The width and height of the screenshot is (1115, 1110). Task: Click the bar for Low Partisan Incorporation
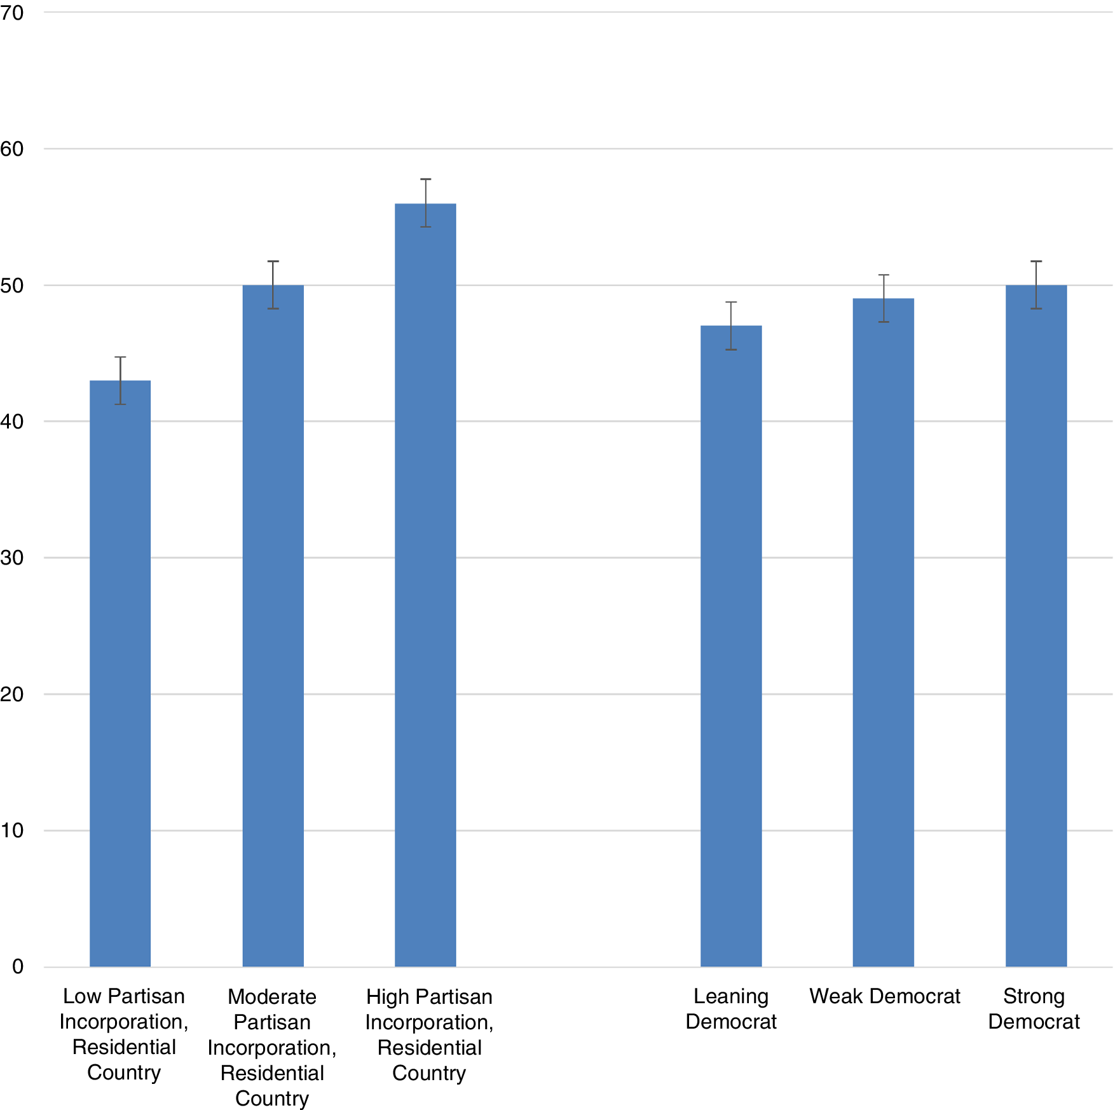point(120,674)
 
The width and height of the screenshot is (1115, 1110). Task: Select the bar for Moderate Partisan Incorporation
point(273,626)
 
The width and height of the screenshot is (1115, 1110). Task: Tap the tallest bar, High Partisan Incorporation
point(425,585)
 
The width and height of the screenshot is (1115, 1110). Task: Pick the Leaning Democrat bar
point(731,645)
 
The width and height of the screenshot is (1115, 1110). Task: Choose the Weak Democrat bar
point(884,633)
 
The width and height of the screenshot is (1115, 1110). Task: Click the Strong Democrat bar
point(1036,626)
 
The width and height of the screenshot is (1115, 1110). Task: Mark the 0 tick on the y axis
point(17,967)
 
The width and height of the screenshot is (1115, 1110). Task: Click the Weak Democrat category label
point(884,996)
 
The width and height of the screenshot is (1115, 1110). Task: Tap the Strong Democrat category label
point(1034,1009)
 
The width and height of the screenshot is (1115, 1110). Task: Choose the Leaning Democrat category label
point(731,1009)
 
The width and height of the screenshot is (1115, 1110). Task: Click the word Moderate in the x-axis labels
point(272,997)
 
